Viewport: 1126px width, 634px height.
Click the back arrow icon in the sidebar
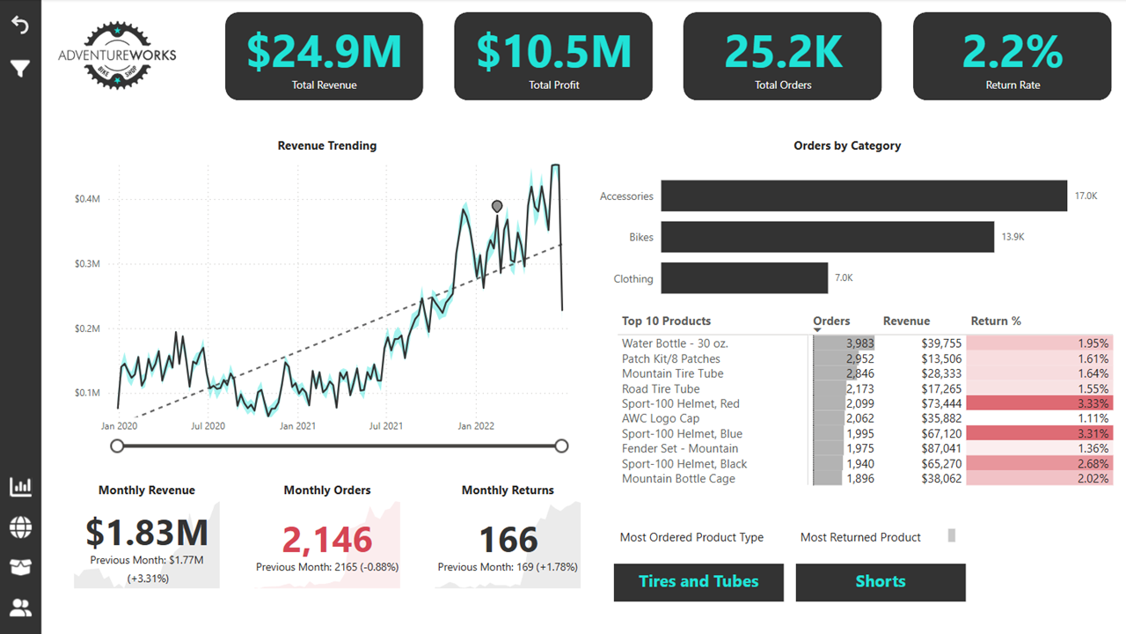pyautogui.click(x=20, y=26)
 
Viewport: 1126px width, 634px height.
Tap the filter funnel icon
pyautogui.click(x=20, y=68)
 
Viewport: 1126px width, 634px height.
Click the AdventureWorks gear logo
pyautogui.click(x=117, y=55)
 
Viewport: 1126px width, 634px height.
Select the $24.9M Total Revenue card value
pyautogui.click(x=324, y=51)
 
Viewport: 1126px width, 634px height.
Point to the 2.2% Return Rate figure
pyautogui.click(x=1013, y=51)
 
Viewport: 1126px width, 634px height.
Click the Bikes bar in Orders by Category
pyautogui.click(x=827, y=237)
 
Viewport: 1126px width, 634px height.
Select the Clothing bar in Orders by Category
pyautogui.click(x=744, y=278)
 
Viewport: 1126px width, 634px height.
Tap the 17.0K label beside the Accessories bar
pyautogui.click(x=1086, y=196)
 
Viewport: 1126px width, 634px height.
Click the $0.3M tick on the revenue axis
pyautogui.click(x=87, y=264)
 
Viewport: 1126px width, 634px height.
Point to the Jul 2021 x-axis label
pyautogui.click(x=385, y=426)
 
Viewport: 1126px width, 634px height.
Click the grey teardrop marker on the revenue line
pyautogui.click(x=497, y=206)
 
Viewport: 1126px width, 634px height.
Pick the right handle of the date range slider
pyautogui.click(x=562, y=446)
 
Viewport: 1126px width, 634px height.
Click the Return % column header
pyautogui.click(x=996, y=321)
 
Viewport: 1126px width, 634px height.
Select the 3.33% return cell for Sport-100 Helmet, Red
pyautogui.click(x=1039, y=403)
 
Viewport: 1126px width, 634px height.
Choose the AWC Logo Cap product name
pyautogui.click(x=660, y=418)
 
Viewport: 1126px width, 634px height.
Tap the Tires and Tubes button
pyautogui.click(x=698, y=582)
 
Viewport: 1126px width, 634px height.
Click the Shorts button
pyautogui.click(x=881, y=582)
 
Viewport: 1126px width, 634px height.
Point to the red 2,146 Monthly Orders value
pyautogui.click(x=327, y=539)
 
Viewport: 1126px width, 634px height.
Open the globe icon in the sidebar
pyautogui.click(x=20, y=527)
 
